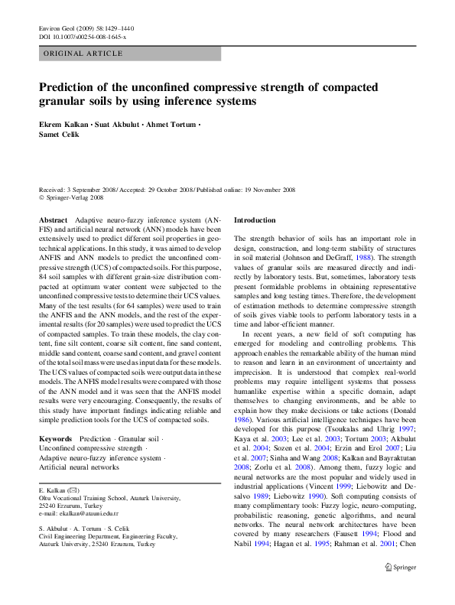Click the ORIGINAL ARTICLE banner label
tap(83, 54)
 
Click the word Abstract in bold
tap(53, 220)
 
